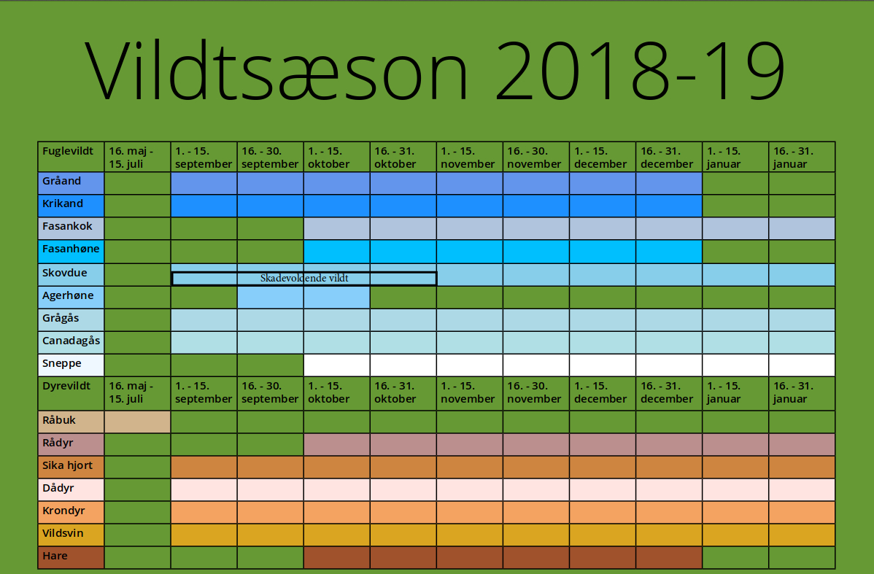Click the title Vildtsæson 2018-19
point(435,71)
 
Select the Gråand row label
point(71,183)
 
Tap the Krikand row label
point(71,206)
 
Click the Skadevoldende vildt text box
point(304,278)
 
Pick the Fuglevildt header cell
point(71,157)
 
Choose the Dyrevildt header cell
point(71,393)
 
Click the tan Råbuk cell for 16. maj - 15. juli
point(137,422)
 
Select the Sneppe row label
point(71,365)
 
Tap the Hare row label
point(71,558)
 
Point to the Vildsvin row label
point(71,535)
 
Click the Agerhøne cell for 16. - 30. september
point(271,297)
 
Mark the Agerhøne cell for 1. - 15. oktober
point(336,297)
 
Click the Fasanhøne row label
point(71,252)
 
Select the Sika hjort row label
point(71,467)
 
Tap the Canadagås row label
point(71,342)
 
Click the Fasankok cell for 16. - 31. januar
point(802,228)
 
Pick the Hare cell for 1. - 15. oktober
point(336,558)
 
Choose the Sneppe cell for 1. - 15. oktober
point(336,365)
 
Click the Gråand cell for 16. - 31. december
point(669,183)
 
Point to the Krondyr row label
point(71,512)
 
